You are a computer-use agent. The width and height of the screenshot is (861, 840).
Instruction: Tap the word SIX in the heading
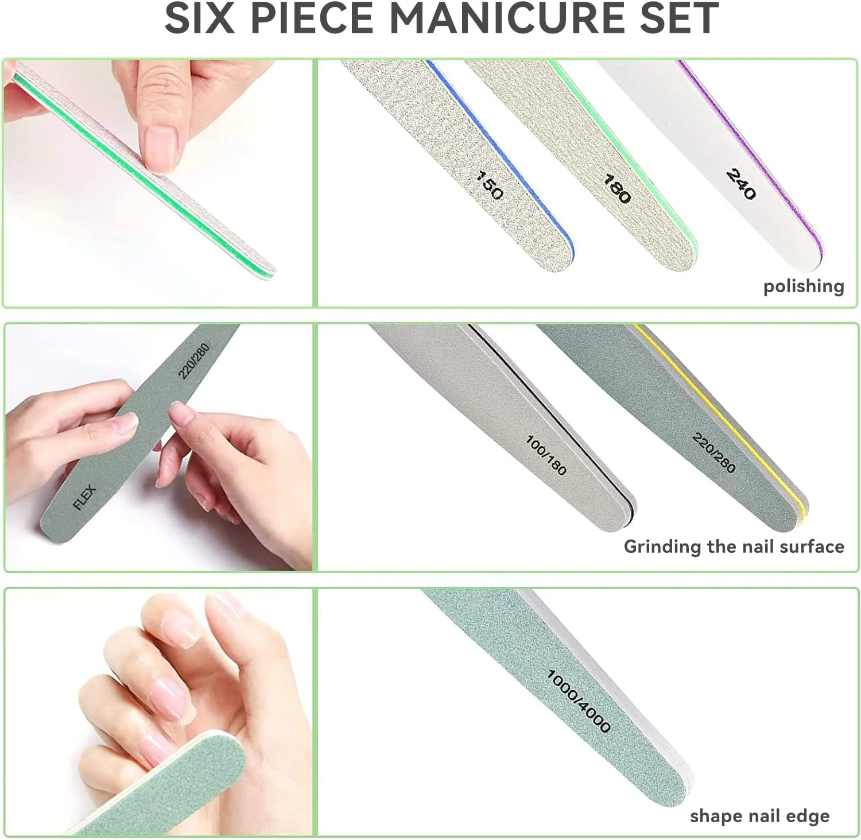pyautogui.click(x=200, y=18)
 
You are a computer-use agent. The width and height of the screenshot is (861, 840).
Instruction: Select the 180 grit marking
pyautogui.click(x=617, y=188)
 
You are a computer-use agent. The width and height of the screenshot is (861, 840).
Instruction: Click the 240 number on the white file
pyautogui.click(x=741, y=184)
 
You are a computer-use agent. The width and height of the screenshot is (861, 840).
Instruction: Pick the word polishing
pyautogui.click(x=804, y=286)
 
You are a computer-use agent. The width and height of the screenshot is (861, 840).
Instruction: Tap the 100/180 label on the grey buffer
pyautogui.click(x=546, y=455)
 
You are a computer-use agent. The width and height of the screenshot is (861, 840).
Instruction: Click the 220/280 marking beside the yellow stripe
pyautogui.click(x=713, y=452)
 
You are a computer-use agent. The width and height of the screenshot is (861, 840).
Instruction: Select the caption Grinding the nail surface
pyautogui.click(x=734, y=546)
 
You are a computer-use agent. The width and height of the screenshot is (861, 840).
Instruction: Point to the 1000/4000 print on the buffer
pyautogui.click(x=579, y=700)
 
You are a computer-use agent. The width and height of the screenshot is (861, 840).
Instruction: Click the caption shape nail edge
pyautogui.click(x=759, y=816)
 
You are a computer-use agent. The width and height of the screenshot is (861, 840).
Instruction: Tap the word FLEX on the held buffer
pyautogui.click(x=84, y=497)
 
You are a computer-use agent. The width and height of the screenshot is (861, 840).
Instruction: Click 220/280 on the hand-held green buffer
pyautogui.click(x=193, y=361)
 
